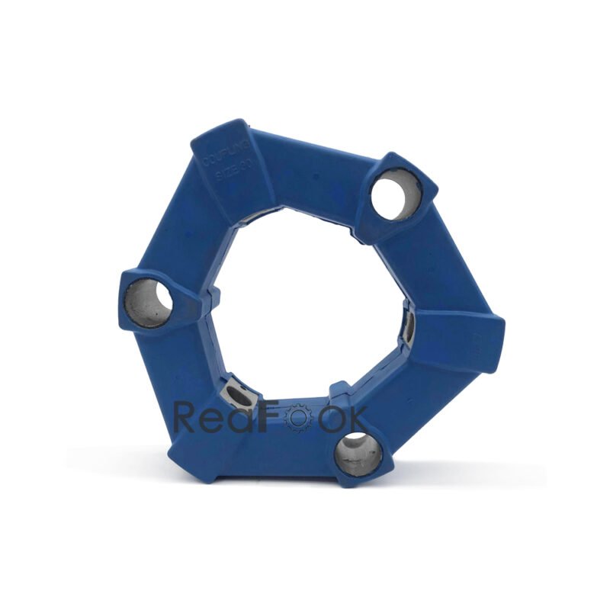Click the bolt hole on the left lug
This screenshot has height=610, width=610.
click(x=149, y=302)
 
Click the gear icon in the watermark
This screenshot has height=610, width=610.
click(x=297, y=418)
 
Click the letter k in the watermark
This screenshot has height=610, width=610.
click(x=356, y=417)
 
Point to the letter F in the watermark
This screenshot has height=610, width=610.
click(x=269, y=417)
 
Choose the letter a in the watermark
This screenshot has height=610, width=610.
click(x=243, y=420)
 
